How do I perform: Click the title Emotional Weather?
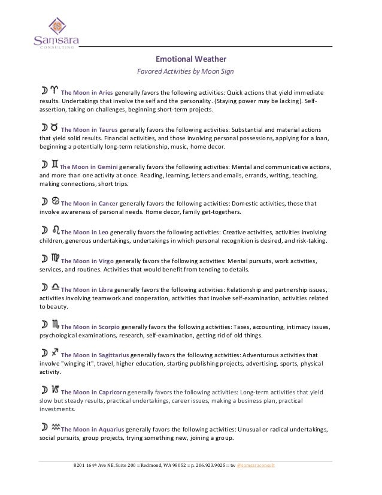[190, 59]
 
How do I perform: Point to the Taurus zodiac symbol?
[54, 127]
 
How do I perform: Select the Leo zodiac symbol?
[56, 228]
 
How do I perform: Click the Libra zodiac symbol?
[56, 287]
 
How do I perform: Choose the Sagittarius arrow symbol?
[55, 352]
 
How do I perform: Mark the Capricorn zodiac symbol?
[55, 390]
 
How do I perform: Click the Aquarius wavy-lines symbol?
[56, 427]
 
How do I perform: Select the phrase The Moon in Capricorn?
[94, 391]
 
